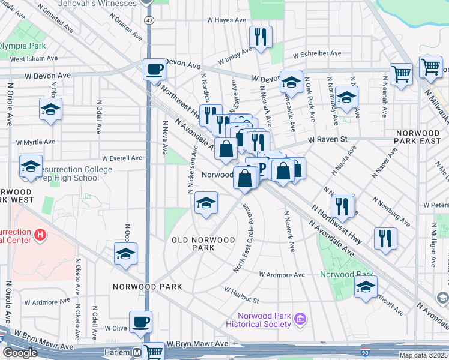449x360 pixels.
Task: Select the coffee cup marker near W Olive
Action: click(140, 322)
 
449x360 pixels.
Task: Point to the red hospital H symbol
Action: click(40, 234)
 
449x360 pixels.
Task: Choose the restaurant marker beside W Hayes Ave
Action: click(261, 37)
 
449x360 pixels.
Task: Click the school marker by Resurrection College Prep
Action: click(31, 166)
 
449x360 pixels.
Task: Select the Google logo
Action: click(20, 353)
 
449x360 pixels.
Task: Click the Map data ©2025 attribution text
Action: click(424, 355)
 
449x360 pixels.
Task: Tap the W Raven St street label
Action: click(328, 140)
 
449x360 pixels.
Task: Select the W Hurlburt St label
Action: click(241, 295)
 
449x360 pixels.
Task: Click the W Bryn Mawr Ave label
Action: click(197, 344)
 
